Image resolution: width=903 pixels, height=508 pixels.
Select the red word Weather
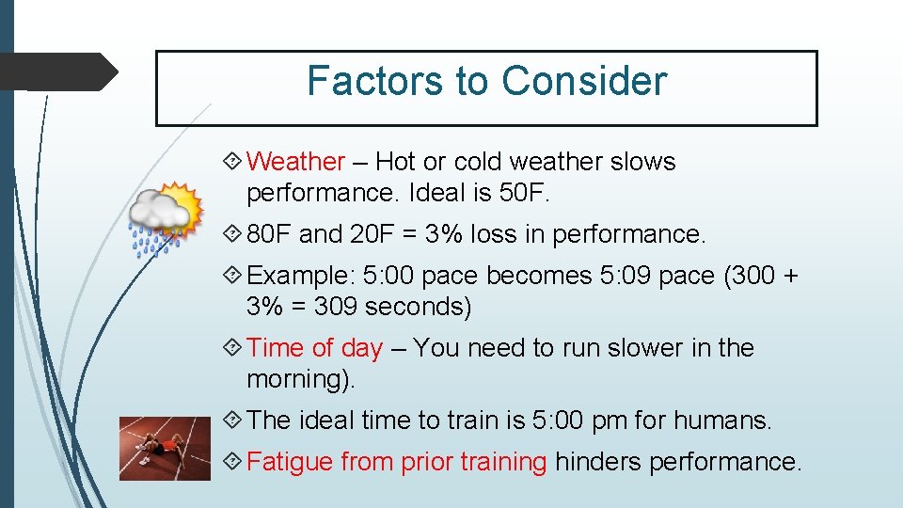point(295,162)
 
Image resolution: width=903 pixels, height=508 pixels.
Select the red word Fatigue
point(290,462)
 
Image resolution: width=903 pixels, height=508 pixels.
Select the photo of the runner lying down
point(158,449)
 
